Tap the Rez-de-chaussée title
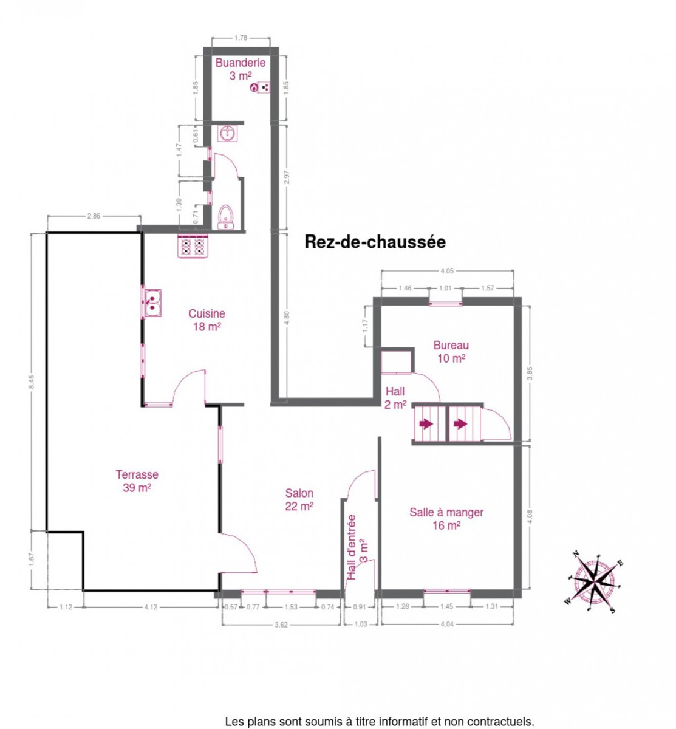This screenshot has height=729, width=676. (375, 242)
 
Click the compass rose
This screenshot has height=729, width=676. (593, 581)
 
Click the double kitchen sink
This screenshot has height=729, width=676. (152, 303)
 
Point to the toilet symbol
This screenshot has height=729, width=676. (225, 217)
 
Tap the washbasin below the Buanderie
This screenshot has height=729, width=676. (227, 133)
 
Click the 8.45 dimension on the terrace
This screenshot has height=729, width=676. (32, 382)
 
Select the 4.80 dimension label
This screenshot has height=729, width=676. (287, 318)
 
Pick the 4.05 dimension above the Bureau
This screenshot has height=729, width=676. (446, 271)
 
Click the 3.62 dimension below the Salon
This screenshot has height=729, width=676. (281, 624)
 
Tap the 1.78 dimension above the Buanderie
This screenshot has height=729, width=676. (241, 38)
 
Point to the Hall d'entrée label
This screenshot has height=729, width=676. (357, 547)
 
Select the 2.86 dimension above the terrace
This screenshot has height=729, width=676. (94, 216)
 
